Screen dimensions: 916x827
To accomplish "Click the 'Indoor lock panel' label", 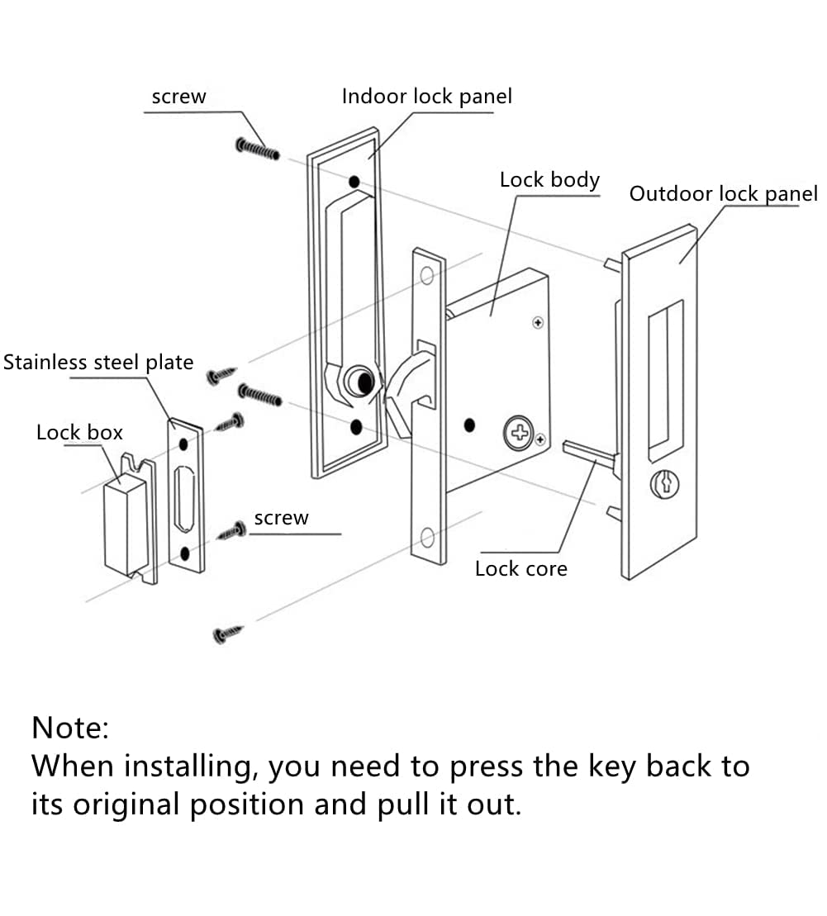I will pyautogui.click(x=426, y=97).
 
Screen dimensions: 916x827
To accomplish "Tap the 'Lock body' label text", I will pyautogui.click(x=549, y=180).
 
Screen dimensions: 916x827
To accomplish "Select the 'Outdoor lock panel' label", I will pyautogui.click(x=723, y=194).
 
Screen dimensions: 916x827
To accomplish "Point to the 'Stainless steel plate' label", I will pyautogui.click(x=98, y=363).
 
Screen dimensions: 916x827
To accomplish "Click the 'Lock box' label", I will pyautogui.click(x=79, y=432).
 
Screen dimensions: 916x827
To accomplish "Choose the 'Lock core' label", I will pyautogui.click(x=520, y=568).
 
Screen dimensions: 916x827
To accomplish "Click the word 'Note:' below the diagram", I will pyautogui.click(x=70, y=728).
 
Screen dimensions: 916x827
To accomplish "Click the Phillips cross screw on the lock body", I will pyautogui.click(x=518, y=432).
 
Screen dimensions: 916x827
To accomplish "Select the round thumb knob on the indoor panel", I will pyautogui.click(x=361, y=381).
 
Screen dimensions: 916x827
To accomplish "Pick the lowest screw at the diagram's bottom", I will pyautogui.click(x=229, y=634).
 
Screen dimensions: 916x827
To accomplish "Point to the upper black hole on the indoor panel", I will pyautogui.click(x=354, y=182).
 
